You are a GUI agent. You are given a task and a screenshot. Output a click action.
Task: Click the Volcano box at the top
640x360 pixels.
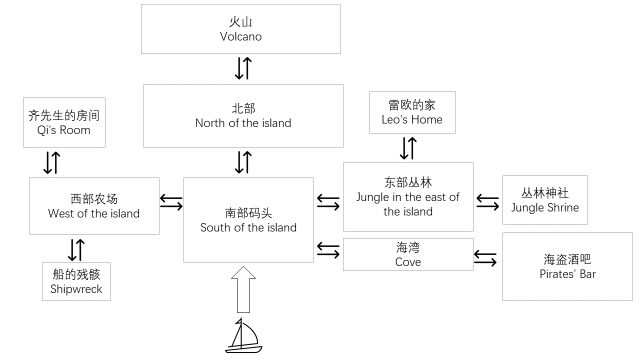pos(240,28)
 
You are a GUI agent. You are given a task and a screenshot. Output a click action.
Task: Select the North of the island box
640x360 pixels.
pos(240,115)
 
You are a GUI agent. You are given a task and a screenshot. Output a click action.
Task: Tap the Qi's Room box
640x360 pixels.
pos(64,121)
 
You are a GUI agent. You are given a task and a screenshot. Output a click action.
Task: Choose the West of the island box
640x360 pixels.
pos(94,206)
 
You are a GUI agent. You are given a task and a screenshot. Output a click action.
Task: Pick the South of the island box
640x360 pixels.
pos(247,220)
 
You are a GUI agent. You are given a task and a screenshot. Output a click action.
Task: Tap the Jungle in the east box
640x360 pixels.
pos(407,197)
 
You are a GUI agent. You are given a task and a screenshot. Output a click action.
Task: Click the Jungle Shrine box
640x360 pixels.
pos(541,199)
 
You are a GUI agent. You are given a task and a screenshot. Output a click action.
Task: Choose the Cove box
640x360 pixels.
pos(407,254)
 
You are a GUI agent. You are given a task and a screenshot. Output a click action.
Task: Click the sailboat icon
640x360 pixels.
pos(242,336)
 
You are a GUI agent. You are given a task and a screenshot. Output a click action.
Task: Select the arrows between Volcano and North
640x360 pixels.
pos(242,68)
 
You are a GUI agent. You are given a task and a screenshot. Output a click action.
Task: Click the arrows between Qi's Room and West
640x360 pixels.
pos(53,162)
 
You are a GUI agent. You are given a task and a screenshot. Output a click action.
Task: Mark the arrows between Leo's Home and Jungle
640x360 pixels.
pos(407,148)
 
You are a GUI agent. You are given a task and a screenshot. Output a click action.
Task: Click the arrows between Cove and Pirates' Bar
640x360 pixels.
pos(485,258)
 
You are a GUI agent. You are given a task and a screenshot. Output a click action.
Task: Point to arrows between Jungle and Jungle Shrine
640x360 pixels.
pos(487,201)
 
